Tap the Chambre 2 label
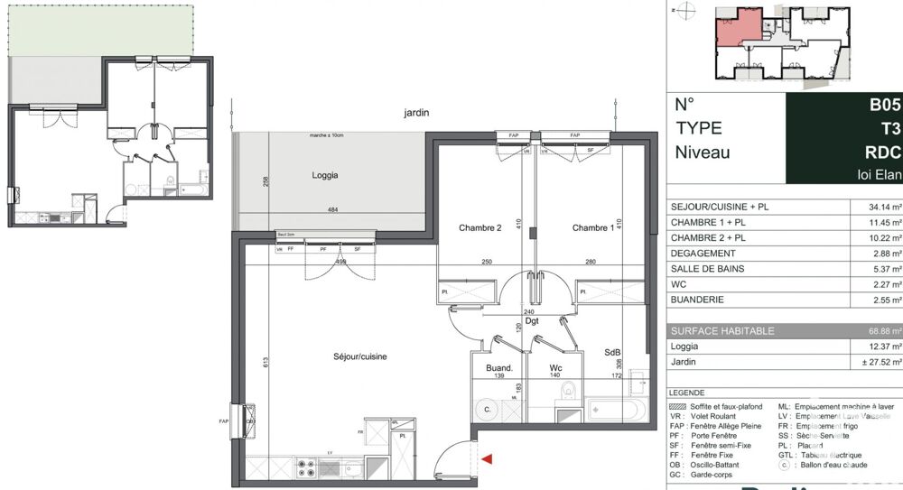pos(479,228)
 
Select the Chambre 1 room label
pos(592,228)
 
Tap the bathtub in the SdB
pos(617,411)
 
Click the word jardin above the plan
pos(417,113)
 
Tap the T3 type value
pos(890,128)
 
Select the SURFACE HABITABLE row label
pos(721,331)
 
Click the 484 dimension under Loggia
pos(333,211)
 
